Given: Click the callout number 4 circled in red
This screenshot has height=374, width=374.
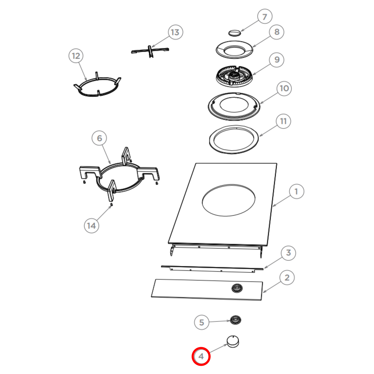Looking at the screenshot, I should [x=201, y=356].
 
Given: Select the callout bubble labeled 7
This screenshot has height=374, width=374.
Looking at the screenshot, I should [x=265, y=17].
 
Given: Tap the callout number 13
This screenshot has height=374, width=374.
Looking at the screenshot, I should [x=175, y=32].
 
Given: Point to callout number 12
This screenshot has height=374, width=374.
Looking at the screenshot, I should [x=76, y=56].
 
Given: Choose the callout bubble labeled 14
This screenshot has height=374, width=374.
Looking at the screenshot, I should [x=91, y=226].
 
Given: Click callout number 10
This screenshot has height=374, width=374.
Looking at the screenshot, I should [x=284, y=88].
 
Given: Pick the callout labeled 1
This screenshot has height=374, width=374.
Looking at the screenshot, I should [x=296, y=192].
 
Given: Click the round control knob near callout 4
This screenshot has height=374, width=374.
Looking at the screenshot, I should [x=233, y=342].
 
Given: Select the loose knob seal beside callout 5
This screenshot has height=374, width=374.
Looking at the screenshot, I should [x=235, y=320].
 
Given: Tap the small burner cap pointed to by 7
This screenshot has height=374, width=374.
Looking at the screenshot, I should [x=235, y=33].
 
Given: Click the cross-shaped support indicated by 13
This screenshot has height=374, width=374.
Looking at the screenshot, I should [x=150, y=50].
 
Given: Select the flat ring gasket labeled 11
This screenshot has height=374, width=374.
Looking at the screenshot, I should [x=234, y=140].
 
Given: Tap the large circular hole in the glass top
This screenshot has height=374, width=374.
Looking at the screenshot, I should [x=229, y=200].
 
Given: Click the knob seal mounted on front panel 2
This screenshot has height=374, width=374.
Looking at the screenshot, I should [x=237, y=288].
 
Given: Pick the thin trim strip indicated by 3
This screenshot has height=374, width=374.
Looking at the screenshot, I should [x=212, y=268].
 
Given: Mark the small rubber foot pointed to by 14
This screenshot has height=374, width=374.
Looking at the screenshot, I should [x=111, y=204].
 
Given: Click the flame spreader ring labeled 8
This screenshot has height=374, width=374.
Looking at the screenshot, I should [x=234, y=49].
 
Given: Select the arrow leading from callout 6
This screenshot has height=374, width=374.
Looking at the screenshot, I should [x=106, y=154].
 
